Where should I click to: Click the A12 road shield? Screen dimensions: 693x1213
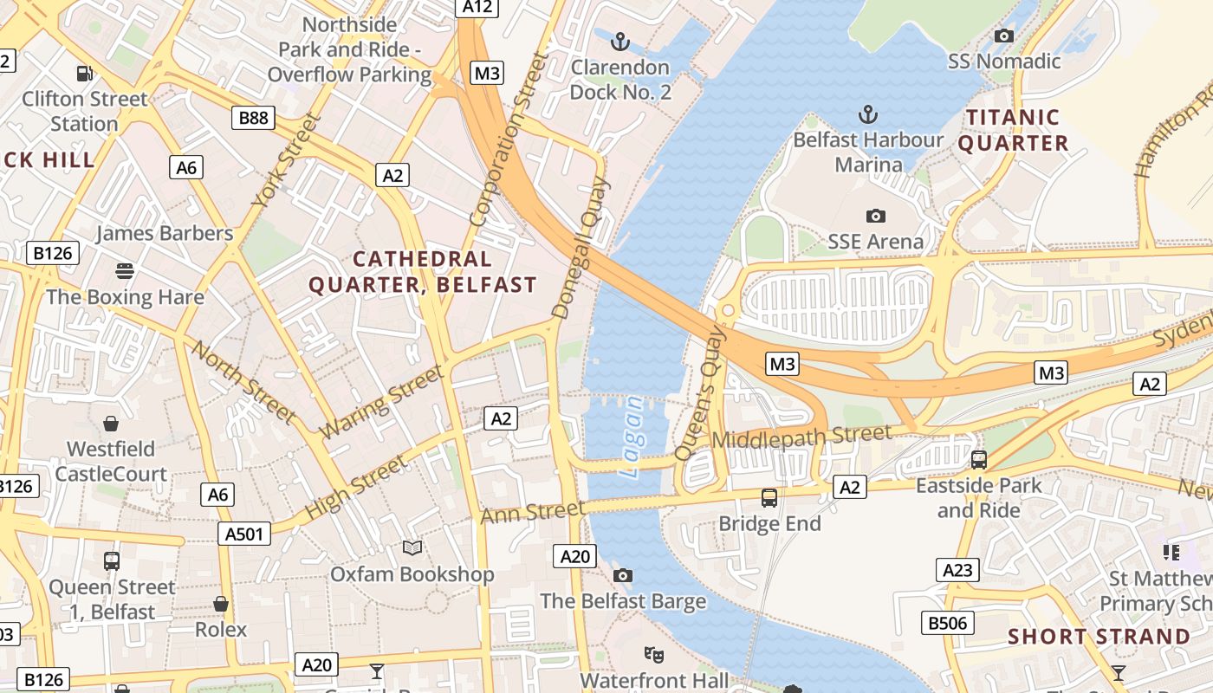[477, 7]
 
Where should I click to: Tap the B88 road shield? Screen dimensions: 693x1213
[253, 117]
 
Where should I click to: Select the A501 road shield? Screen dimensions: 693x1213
[243, 534]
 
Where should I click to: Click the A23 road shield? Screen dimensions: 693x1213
[957, 570]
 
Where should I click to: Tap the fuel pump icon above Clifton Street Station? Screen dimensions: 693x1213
[84, 74]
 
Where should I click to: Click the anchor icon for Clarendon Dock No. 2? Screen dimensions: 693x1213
[619, 41]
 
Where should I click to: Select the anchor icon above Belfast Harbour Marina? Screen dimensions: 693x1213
[867, 114]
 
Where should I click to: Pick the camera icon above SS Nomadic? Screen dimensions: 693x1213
[1004, 36]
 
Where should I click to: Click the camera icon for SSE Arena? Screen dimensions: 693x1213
[875, 216]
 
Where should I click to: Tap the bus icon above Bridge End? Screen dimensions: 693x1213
[769, 498]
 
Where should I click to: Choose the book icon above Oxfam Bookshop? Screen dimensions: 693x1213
[412, 548]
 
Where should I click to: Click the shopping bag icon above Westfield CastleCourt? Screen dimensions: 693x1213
[111, 424]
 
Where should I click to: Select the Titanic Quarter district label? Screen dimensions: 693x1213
[1013, 130]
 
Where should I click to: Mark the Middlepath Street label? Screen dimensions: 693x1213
[801, 437]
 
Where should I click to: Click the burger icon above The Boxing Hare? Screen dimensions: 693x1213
[125, 271]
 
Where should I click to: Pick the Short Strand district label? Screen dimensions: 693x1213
[1099, 637]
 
